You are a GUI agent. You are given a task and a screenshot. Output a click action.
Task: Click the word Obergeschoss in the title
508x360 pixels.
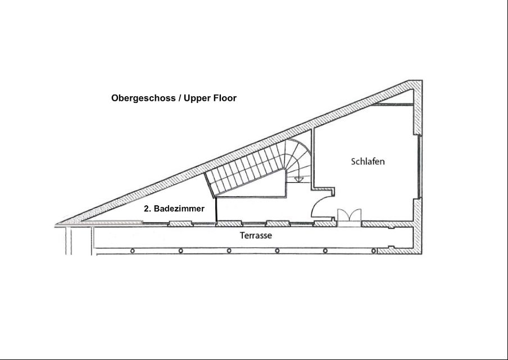pos(143,98)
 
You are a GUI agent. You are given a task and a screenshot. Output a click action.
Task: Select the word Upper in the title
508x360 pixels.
pos(197,98)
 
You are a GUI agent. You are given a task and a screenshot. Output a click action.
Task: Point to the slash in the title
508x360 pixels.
pos(179,98)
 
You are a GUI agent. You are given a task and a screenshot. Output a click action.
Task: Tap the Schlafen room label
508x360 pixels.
pos(368,161)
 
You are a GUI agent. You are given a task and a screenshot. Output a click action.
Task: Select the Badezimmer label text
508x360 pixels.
pos(179,209)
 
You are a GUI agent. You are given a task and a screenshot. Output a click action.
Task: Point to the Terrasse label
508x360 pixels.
pos(256,236)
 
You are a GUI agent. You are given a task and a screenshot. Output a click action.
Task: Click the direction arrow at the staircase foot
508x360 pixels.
pos(298,178)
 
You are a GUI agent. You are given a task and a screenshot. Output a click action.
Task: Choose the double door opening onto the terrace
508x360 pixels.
pos(350,215)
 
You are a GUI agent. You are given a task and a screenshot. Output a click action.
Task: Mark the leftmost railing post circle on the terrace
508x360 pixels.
pos(132,251)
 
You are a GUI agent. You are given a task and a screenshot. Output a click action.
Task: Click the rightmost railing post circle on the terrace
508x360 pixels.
pos(374,251)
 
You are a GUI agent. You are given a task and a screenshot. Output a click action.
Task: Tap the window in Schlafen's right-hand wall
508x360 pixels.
pos(420,166)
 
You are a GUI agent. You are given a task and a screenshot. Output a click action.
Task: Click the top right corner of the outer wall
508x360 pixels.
pos(422,80)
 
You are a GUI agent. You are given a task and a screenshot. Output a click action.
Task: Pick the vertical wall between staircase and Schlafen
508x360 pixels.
pos(312,159)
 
